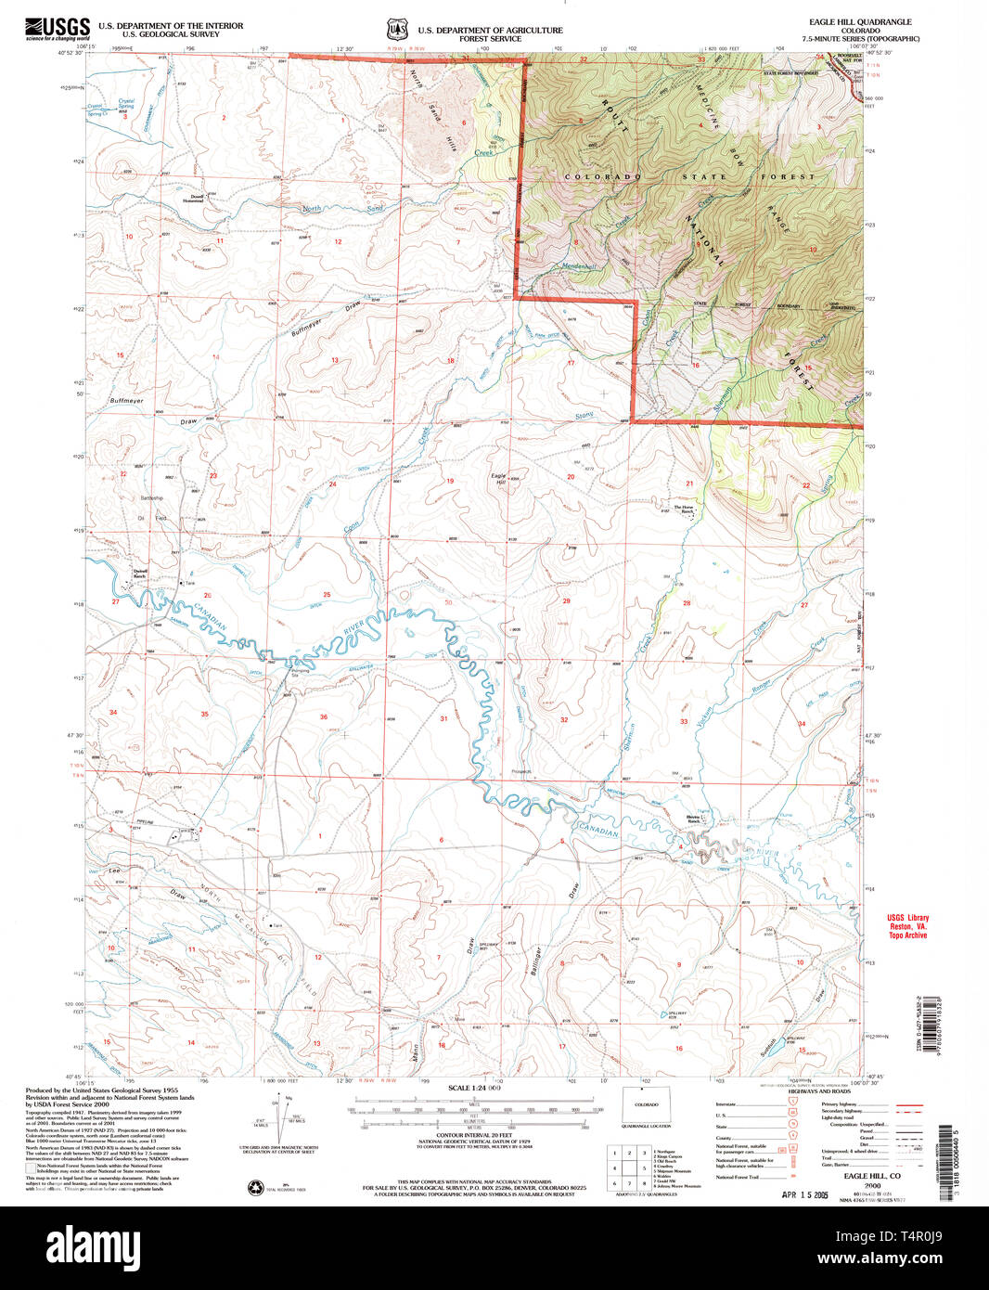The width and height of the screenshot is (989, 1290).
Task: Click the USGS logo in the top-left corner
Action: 58,29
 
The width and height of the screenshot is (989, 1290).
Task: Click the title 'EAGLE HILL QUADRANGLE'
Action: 860,21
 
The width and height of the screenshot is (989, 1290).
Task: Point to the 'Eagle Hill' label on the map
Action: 499,479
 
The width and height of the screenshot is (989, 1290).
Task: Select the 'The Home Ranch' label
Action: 684,510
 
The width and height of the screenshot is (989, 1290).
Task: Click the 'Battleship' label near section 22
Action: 151,498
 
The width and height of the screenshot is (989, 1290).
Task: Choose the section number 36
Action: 324,716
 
